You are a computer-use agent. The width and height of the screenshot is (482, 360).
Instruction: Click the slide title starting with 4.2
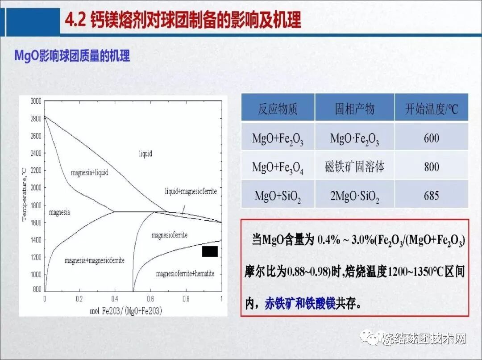[183, 20]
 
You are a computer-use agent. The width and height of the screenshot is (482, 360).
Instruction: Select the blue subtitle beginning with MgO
[72, 56]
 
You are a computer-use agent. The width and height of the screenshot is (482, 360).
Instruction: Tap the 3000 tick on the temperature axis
[36, 101]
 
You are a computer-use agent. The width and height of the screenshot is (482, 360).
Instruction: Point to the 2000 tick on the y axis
[36, 188]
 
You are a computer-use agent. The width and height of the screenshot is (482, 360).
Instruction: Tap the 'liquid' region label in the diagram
[145, 154]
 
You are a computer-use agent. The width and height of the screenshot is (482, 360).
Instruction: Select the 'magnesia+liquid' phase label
[89, 172]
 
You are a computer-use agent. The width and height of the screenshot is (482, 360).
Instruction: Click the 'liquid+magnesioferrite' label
[191, 191]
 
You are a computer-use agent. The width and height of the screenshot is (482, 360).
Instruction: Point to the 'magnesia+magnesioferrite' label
[94, 260]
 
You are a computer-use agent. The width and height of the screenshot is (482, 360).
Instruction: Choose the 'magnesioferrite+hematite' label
[185, 273]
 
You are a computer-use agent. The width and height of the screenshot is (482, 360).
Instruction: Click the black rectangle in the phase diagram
[210, 251]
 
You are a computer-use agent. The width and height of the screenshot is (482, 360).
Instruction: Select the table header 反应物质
[278, 109]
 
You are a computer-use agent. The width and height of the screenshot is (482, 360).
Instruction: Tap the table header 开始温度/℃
[431, 109]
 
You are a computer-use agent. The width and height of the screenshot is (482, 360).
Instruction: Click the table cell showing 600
[431, 138]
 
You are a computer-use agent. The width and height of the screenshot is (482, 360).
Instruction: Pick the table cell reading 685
[431, 195]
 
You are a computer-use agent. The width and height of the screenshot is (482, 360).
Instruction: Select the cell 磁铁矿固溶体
[354, 167]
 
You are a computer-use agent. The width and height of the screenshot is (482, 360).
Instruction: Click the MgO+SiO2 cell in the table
[278, 196]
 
